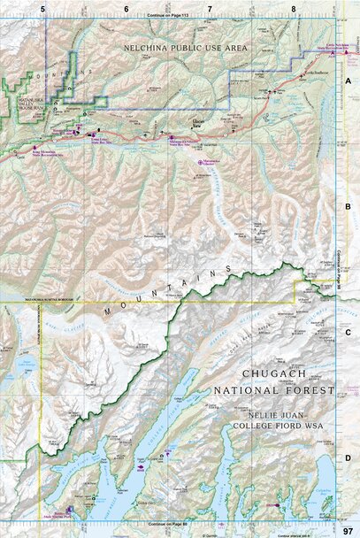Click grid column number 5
(43, 9)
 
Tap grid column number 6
(126, 9)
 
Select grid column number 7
(210, 9)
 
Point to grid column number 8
(293, 9)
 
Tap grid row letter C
(349, 333)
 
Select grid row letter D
(349, 457)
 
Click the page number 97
(348, 529)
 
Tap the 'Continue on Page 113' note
(169, 15)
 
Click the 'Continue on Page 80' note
(169, 526)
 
